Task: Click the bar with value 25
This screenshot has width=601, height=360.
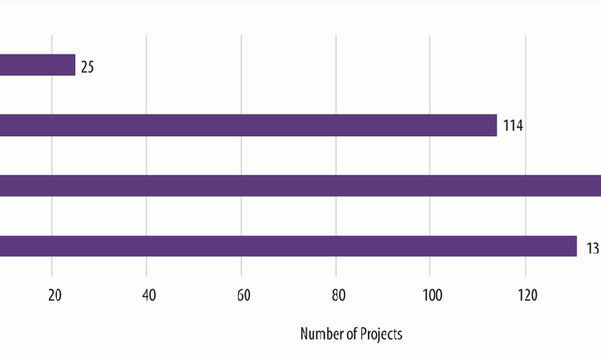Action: pos(38,65)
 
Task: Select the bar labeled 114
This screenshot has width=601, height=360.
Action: pos(248,125)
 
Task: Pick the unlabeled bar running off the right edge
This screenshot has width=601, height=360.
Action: pos(300,185)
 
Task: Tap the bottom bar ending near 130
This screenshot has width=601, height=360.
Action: pos(288,246)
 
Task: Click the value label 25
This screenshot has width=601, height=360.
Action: pos(87,67)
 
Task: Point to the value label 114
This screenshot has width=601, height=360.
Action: pos(513,126)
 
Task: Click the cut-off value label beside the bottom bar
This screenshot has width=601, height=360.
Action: pos(592,248)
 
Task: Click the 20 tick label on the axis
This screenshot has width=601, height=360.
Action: pos(54,295)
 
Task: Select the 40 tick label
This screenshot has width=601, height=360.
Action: pos(149,295)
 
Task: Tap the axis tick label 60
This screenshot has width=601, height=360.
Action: pos(244,295)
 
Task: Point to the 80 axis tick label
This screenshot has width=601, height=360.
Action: pos(338,295)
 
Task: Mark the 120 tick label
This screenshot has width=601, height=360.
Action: pos(526,295)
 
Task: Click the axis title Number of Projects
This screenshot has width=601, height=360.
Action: pos(351,334)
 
